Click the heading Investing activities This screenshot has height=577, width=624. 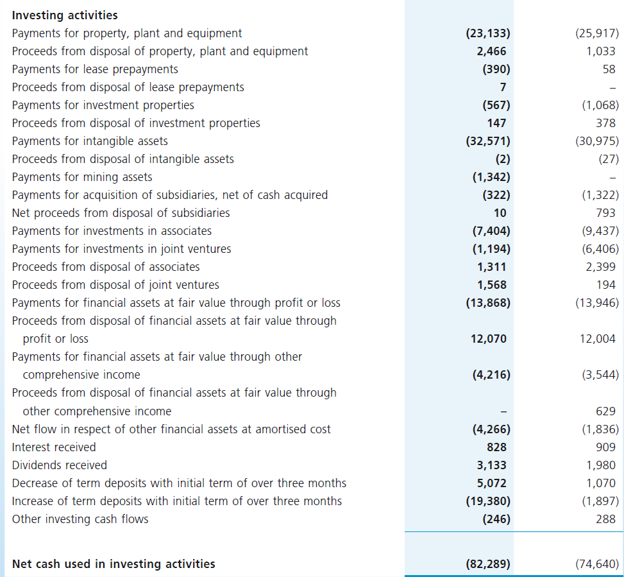65,15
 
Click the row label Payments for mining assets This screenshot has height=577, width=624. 82,177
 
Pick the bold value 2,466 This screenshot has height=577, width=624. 491,51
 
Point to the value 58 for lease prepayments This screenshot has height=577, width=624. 609,69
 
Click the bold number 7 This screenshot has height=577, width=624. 503,87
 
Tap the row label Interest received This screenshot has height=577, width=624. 54,447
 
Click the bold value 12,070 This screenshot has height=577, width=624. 489,338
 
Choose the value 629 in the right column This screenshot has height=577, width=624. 605,411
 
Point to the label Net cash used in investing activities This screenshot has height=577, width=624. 114,564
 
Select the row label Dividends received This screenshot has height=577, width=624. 59,465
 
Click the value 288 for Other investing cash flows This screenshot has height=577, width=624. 605,519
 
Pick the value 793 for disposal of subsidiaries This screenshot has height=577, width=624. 605,212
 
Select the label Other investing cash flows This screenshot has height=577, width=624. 80,519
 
